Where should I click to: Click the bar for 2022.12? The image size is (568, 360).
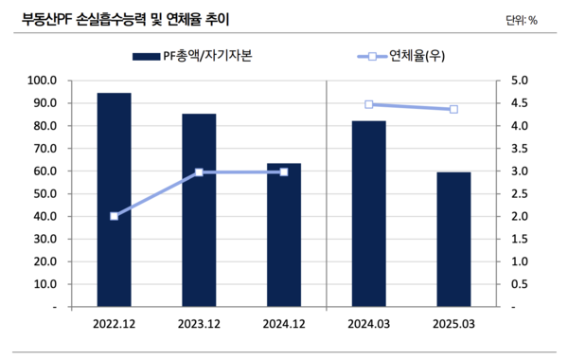click(115, 200)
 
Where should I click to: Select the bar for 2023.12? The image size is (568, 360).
click(199, 210)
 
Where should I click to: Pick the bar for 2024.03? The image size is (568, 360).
click(368, 214)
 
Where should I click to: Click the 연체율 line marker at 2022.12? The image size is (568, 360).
click(115, 216)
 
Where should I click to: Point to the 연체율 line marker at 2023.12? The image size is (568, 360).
click(199, 172)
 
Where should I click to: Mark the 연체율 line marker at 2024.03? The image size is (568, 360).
click(368, 104)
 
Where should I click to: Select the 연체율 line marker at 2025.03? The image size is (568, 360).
click(453, 109)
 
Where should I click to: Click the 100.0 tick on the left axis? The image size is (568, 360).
click(44, 81)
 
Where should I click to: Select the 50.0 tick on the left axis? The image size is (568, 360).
click(44, 194)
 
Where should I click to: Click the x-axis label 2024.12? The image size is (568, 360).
click(283, 326)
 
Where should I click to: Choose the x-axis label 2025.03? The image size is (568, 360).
click(453, 326)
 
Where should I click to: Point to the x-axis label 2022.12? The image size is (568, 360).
click(115, 326)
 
